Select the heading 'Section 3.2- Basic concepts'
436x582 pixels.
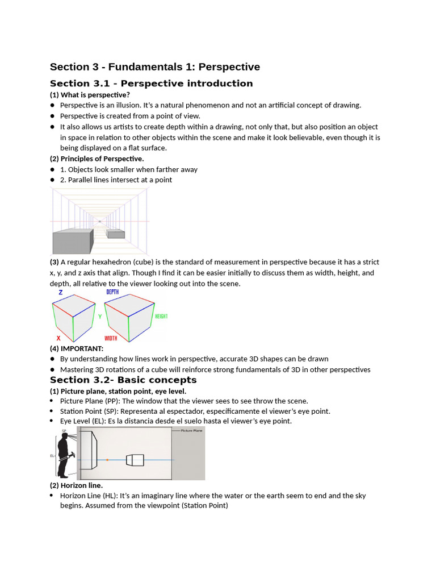coord(123,380)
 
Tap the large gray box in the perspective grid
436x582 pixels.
coord(71,242)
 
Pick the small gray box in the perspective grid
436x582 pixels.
coord(116,234)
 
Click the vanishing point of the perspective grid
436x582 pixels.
coord(99,221)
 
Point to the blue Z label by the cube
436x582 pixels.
coord(61,293)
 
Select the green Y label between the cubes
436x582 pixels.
coord(100,317)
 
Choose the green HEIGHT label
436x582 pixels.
coord(161,317)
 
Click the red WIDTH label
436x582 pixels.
coord(111,338)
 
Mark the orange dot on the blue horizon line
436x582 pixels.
coord(107,459)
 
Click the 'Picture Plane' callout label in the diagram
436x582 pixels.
coord(192,431)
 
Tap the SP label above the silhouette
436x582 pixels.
coord(64,431)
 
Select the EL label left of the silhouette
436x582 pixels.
coord(52,455)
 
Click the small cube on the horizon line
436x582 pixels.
coord(135,459)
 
